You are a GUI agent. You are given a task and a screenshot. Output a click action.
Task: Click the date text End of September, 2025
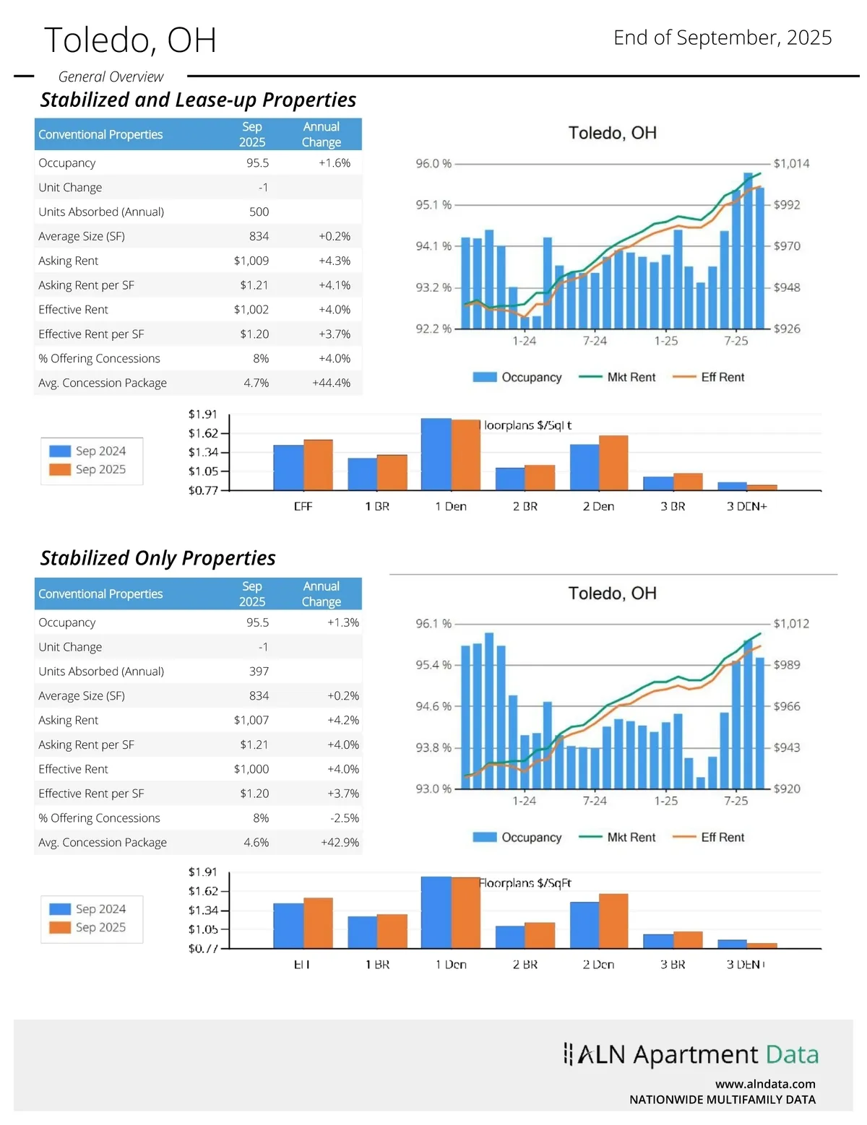[x=722, y=38]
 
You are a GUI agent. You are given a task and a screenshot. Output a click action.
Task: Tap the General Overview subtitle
[x=111, y=77]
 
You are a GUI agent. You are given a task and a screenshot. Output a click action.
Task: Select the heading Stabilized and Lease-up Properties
[x=198, y=100]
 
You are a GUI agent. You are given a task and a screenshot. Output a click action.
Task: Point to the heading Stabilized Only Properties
[x=158, y=558]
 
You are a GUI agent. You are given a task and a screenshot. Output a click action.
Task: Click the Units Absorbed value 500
[x=259, y=212]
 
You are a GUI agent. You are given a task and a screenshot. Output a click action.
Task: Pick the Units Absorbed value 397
[x=259, y=672]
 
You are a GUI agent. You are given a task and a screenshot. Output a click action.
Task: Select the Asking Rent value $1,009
[x=251, y=261]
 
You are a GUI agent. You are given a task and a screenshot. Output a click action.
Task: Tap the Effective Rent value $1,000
[x=251, y=769]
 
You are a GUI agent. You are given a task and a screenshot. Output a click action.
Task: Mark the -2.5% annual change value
[x=344, y=818]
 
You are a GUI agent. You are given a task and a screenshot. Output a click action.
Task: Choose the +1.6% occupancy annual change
[x=335, y=163]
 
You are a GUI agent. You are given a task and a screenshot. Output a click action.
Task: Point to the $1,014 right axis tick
[x=791, y=164]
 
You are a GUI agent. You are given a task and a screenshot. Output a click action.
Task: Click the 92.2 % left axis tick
[x=433, y=329]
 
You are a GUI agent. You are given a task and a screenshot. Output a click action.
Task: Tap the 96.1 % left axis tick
[x=433, y=624]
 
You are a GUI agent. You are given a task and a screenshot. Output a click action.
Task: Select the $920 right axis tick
[x=787, y=789]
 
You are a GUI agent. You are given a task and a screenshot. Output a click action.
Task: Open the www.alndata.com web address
[x=765, y=1084]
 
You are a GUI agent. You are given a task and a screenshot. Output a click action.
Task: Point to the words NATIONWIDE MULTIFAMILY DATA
[x=722, y=1100]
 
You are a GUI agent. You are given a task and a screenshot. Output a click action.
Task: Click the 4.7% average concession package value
[x=256, y=383]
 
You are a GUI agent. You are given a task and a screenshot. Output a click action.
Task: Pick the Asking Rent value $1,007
[x=251, y=720]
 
